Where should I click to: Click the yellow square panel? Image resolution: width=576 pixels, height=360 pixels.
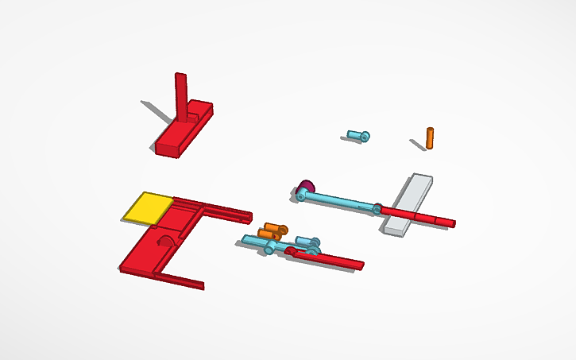[x=147, y=207]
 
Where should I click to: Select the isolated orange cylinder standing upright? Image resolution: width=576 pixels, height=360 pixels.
[x=430, y=138]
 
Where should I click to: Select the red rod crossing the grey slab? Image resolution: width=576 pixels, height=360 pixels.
[x=417, y=215]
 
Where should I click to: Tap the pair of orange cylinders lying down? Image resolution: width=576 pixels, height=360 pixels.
[x=273, y=231]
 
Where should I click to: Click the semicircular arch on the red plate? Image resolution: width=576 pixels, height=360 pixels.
[x=168, y=242]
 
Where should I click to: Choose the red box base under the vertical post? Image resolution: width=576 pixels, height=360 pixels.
[x=183, y=131]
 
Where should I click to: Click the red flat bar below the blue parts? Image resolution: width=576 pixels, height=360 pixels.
[x=334, y=259]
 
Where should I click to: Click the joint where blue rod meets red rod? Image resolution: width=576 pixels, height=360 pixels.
[x=377, y=209]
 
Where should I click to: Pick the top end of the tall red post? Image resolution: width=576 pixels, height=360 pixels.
[x=180, y=76]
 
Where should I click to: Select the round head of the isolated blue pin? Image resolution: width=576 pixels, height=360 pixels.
[x=365, y=137]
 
